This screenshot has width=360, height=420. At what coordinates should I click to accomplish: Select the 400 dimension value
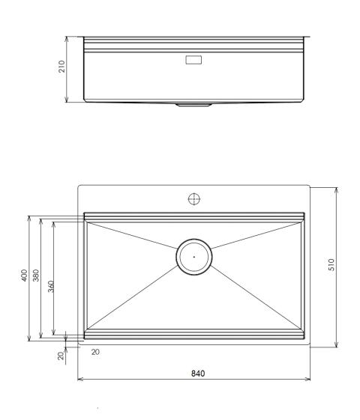pos(24,276)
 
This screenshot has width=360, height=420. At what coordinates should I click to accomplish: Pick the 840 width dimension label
pos(196,372)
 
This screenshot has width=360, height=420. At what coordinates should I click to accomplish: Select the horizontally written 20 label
pos(94,351)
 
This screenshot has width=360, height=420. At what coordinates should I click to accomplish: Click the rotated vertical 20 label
pos(61,356)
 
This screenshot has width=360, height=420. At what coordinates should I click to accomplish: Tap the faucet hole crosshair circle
pos(194,198)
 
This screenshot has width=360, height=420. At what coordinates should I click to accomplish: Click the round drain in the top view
pos(194,256)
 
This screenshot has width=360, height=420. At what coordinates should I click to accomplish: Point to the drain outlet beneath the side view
pos(194,106)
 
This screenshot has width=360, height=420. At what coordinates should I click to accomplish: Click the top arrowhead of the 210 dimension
pos(67,37)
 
